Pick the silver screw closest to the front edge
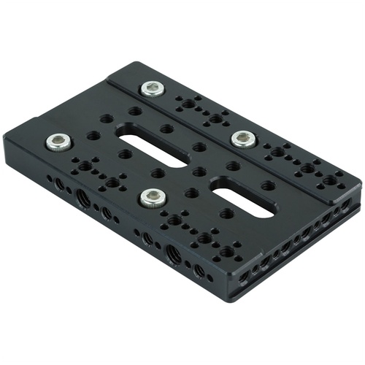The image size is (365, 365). (x=153, y=196)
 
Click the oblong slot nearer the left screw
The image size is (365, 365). (x=151, y=150)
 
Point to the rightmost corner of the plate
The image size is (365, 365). (x=361, y=181)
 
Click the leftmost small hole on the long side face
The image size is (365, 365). (x=50, y=177)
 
